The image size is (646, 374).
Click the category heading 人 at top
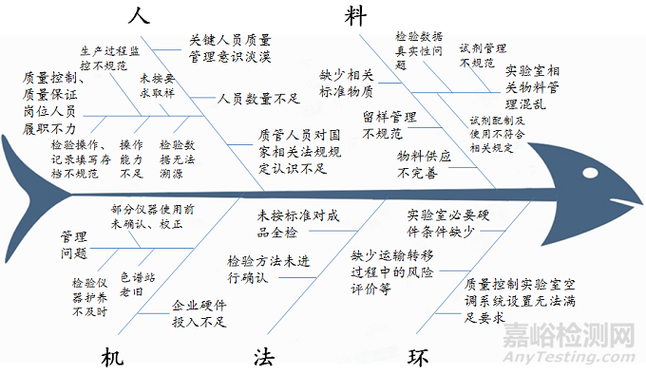pyautogui.click(x=140, y=16)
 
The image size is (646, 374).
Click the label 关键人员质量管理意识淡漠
pyautogui.click(x=230, y=47)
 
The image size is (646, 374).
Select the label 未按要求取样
pyautogui.click(x=157, y=84)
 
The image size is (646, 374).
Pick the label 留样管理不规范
pyautogui.click(x=389, y=125)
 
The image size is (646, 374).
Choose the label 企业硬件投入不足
pyautogui.click(x=200, y=314)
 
